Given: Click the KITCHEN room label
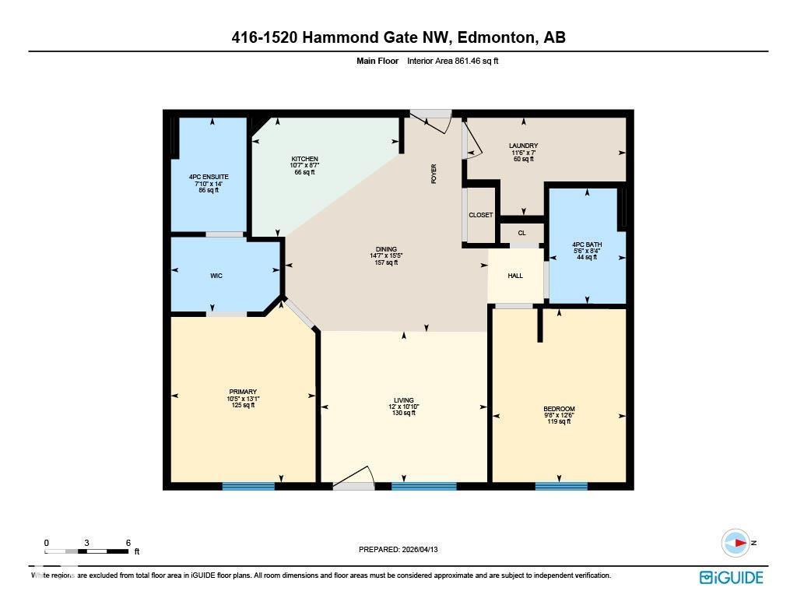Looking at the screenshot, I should click(x=305, y=159).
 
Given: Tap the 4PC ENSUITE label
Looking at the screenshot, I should click(x=209, y=177).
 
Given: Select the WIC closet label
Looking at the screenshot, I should click(x=216, y=276).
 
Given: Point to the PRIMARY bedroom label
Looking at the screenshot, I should click(x=243, y=392).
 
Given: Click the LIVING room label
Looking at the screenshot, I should click(x=403, y=400).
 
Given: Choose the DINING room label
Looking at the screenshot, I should click(x=386, y=249).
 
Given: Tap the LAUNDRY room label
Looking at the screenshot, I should click(x=523, y=146).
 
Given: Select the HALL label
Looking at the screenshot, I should click(x=515, y=276).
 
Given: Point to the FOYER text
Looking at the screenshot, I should click(x=434, y=174).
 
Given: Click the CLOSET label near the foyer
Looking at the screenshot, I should click(x=480, y=215).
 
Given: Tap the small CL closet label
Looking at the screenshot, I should click(x=521, y=233).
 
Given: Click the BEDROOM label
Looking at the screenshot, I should click(x=559, y=410).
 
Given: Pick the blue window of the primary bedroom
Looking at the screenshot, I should click(x=248, y=487).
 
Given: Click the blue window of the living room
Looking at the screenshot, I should click(x=423, y=487).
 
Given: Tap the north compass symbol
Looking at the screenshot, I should click(x=736, y=543).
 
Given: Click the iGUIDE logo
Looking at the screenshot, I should click(x=731, y=577).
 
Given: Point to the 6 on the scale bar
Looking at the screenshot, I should click(x=128, y=543).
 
